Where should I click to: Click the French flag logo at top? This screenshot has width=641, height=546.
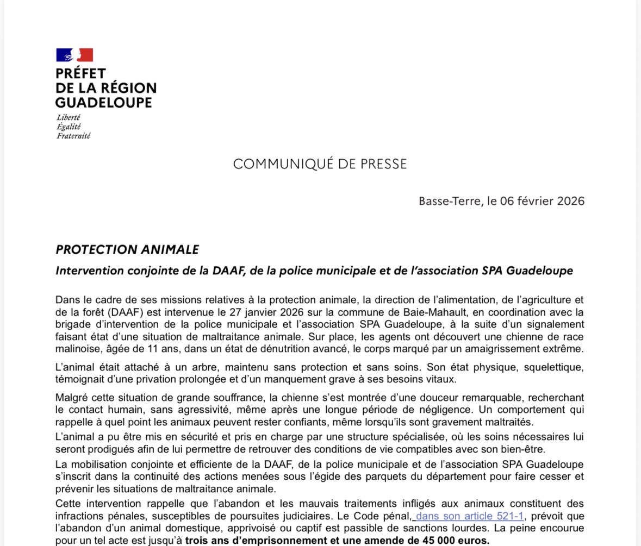(x=74, y=55)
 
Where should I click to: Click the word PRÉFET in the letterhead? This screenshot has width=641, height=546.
(x=80, y=73)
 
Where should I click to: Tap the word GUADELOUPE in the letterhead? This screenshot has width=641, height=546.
(x=103, y=102)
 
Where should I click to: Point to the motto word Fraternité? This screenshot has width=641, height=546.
(x=73, y=136)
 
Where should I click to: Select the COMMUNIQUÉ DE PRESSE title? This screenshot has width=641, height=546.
(x=320, y=164)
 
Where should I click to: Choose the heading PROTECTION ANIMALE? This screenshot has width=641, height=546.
(x=127, y=249)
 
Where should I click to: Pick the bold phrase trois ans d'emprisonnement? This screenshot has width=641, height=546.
(x=255, y=541)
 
